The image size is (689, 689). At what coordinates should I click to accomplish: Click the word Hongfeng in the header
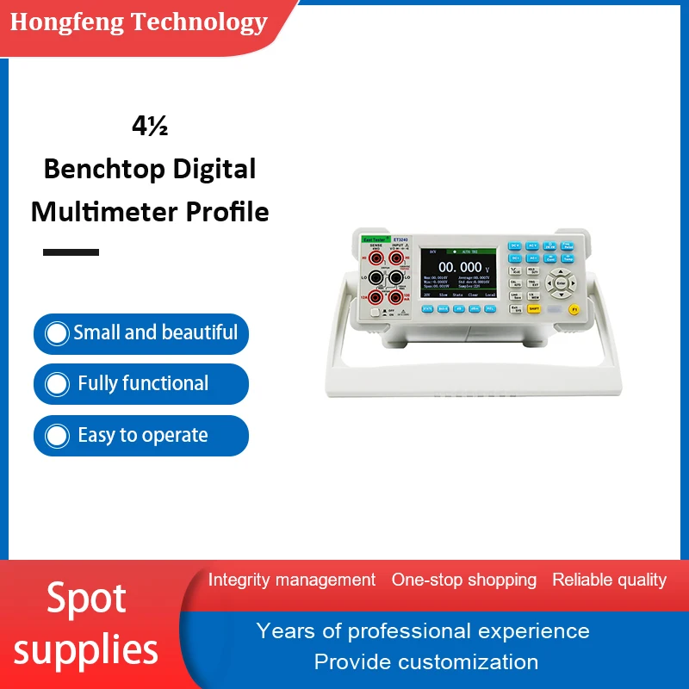coord(66,22)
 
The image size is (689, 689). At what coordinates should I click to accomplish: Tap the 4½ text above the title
coord(150,127)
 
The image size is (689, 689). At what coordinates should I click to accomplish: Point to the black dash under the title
coord(71,252)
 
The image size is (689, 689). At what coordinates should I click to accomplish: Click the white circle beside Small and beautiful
coord(57,333)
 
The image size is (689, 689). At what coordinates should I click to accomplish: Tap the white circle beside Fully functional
coord(57,384)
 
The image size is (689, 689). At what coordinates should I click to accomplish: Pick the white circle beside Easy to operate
coord(57,436)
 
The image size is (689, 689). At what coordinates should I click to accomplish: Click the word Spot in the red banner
coord(86,598)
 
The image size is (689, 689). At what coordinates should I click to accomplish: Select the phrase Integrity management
coord(292,580)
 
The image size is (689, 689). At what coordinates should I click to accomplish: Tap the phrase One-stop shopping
coord(463,580)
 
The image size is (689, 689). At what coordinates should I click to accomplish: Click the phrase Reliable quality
coord(609,580)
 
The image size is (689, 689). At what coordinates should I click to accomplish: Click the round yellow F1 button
coord(574,308)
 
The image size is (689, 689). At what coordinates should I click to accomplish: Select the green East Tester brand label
coord(376,239)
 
